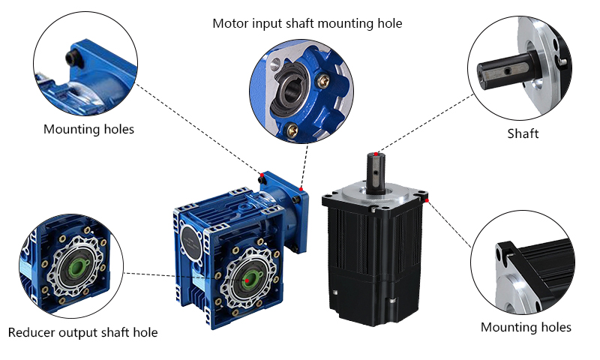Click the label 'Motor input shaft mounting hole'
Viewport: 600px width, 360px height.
[x=307, y=23]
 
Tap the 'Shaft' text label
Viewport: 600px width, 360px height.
[x=523, y=133]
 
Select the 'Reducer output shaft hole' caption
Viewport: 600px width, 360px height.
[x=82, y=331]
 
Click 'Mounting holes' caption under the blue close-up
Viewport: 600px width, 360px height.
[x=88, y=129]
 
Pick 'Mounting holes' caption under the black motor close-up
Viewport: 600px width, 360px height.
[x=526, y=327]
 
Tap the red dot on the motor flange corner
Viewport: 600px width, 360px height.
[x=426, y=199]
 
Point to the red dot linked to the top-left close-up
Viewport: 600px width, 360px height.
[x=261, y=173]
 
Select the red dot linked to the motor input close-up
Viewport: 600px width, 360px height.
[x=300, y=187]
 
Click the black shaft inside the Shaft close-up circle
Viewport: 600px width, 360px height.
[x=504, y=72]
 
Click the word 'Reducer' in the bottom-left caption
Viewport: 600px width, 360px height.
[x=32, y=331]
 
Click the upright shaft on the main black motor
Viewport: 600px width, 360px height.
[x=374, y=174]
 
